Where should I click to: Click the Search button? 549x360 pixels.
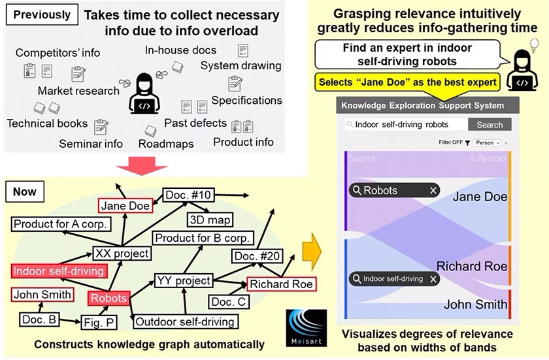[490, 125]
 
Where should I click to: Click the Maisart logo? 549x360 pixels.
[307, 328]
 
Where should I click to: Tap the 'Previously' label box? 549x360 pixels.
[42, 14]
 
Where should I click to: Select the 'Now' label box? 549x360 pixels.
[25, 191]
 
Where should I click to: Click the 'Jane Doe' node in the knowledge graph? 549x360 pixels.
[125, 206]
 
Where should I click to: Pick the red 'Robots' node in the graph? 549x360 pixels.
[108, 298]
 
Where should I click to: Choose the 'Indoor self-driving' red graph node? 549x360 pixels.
[59, 271]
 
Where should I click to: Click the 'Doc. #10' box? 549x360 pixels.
[188, 195]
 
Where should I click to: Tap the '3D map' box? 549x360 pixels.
[210, 220]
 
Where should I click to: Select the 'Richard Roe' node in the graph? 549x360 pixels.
[282, 284]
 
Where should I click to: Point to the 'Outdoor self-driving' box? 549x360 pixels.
[185, 321]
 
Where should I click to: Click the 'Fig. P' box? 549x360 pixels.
[99, 322]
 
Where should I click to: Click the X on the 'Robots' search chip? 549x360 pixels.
[433, 190]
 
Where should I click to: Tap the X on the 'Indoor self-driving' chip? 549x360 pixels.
[433, 279]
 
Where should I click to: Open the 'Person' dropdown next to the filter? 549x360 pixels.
[487, 142]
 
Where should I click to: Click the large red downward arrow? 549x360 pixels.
[142, 166]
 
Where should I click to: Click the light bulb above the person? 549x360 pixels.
[534, 46]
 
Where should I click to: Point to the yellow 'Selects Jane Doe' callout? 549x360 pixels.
[408, 82]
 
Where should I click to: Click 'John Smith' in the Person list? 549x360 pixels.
[476, 304]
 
